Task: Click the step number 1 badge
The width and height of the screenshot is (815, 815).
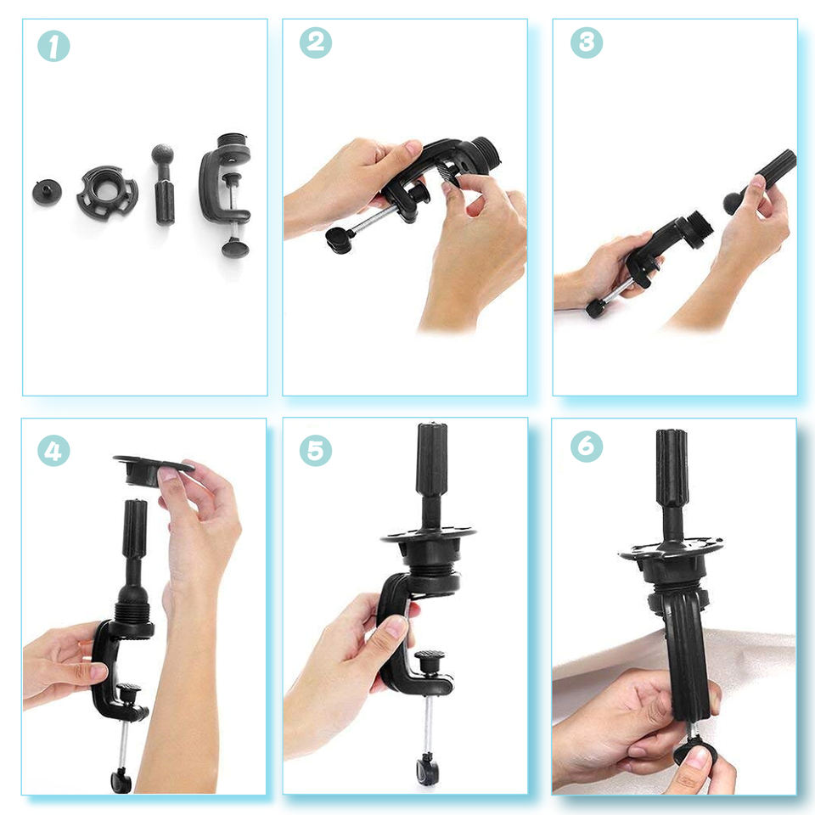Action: pos(53,46)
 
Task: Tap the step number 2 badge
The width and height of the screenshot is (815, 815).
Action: pos(316,42)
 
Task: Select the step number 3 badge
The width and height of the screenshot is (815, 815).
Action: pos(587,42)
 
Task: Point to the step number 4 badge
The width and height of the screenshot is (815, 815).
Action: pos(53,451)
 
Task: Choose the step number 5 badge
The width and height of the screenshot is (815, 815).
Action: pos(316,451)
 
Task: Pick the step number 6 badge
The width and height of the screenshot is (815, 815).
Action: pos(587,447)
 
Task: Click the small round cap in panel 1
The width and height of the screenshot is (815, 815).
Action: pos(47,192)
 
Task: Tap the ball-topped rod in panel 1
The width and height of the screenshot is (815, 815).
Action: pos(163,184)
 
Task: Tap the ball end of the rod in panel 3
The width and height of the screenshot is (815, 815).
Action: pos(733,202)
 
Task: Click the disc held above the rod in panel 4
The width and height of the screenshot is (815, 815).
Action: pos(151,470)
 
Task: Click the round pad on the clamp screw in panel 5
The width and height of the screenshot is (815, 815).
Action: pos(430,656)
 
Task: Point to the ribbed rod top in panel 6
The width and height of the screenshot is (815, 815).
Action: pos(671,468)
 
